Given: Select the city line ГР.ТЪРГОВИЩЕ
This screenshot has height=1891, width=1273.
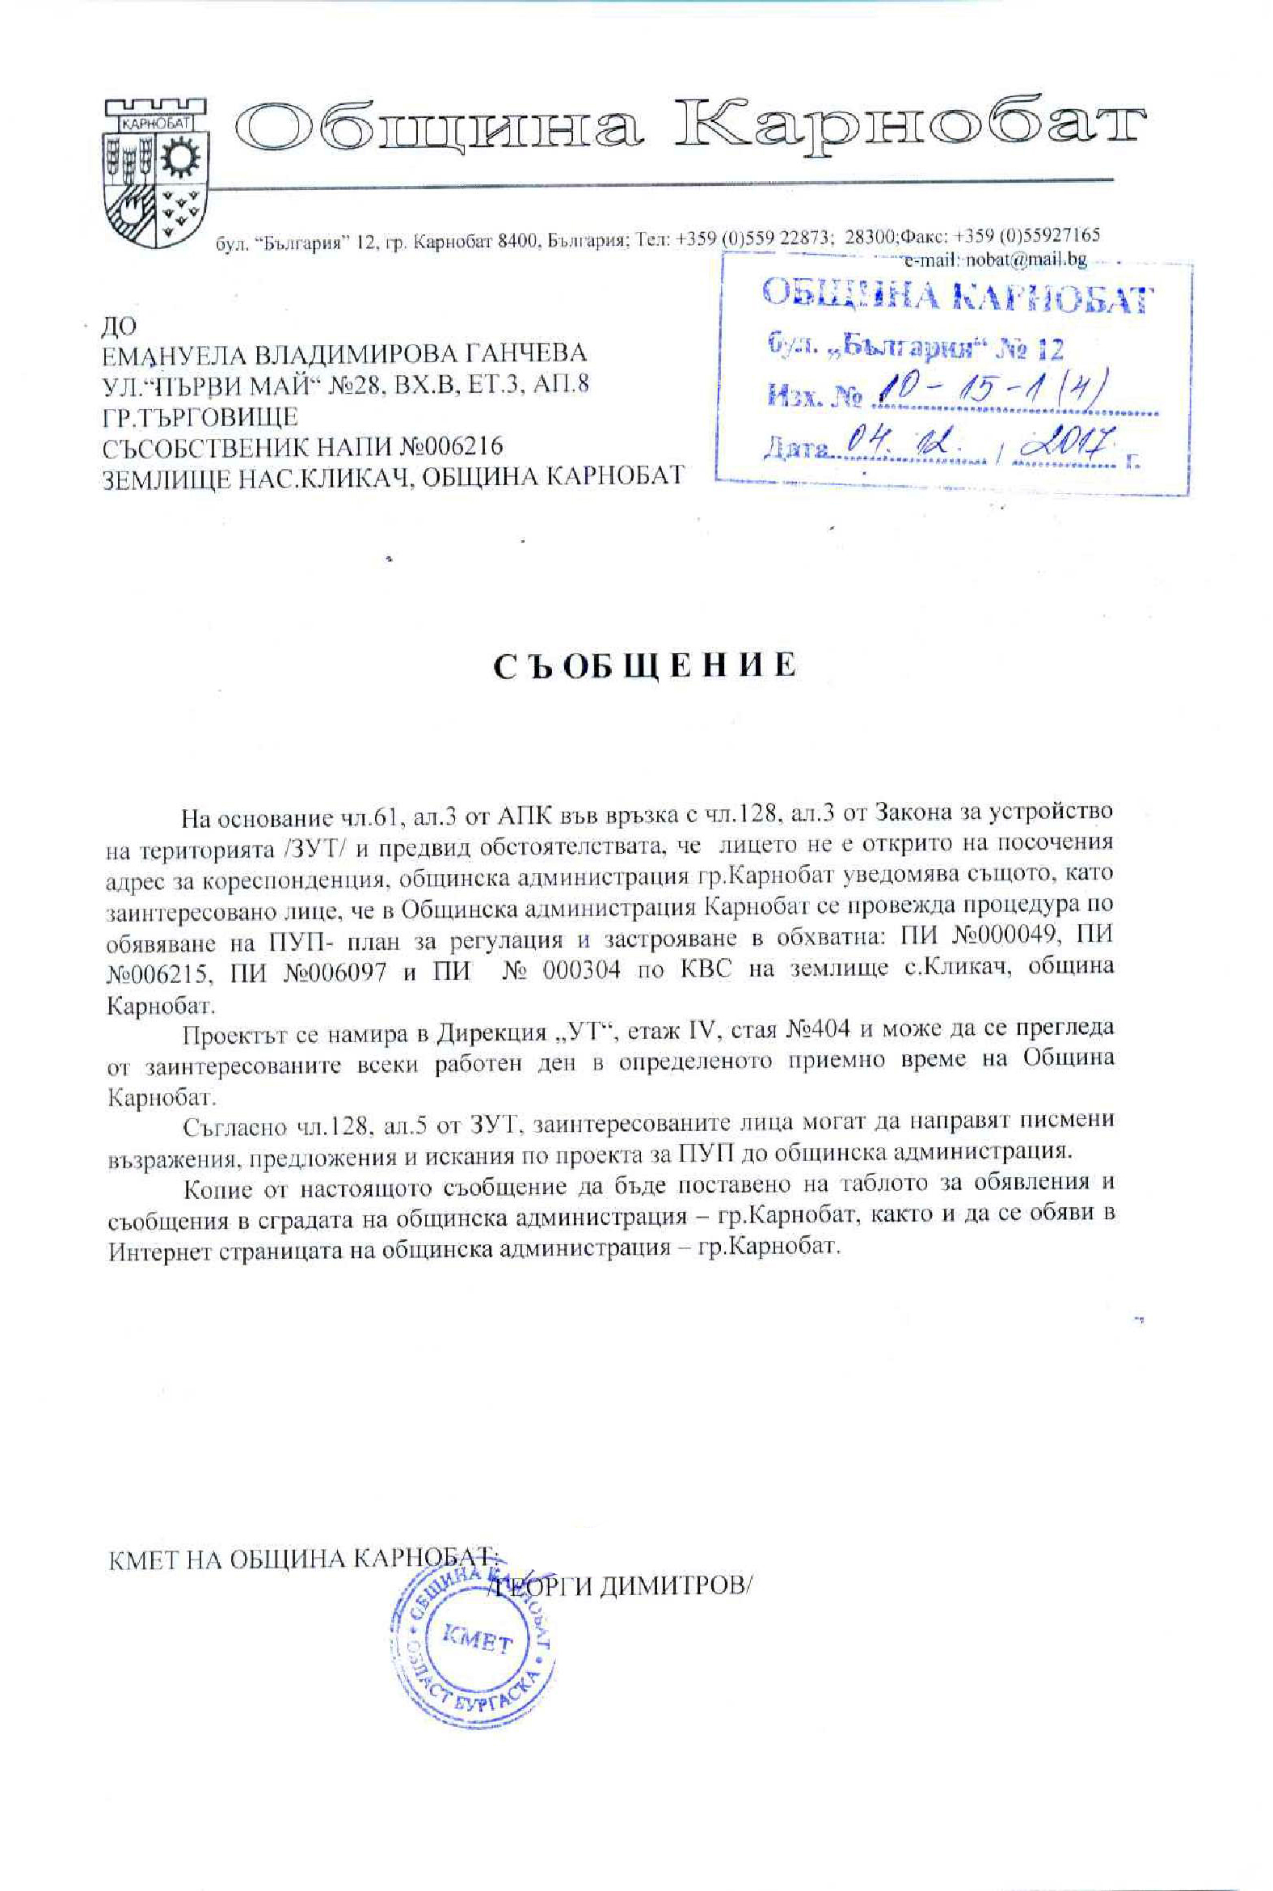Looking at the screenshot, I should click(x=200, y=416).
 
